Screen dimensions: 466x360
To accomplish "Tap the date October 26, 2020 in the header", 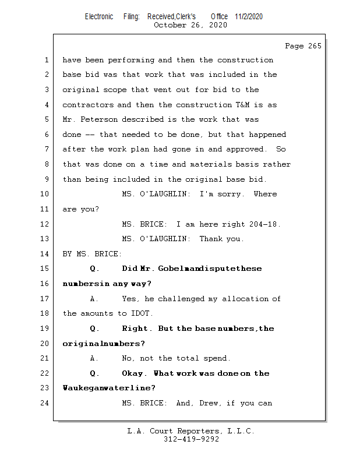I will click(x=190, y=25).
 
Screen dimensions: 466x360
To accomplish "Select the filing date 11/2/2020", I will click(x=249, y=16).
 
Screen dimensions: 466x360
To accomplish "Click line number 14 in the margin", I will click(x=45, y=254).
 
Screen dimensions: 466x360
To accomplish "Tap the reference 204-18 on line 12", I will click(x=266, y=224).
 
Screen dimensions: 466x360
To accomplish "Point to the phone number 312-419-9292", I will click(x=191, y=440).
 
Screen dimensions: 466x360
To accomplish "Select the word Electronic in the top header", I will click(x=99, y=16).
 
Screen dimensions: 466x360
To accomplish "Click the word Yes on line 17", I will click(x=130, y=299).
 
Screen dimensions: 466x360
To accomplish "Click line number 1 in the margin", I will click(x=45, y=60).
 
